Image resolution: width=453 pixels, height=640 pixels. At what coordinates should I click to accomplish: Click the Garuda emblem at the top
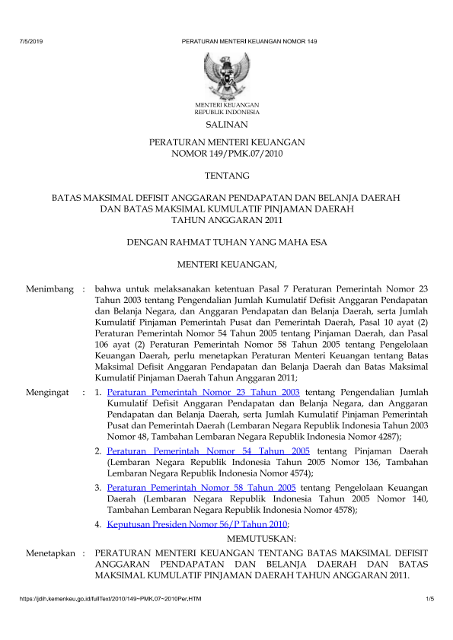click(226, 75)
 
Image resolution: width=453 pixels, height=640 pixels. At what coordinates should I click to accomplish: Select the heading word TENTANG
click(226, 176)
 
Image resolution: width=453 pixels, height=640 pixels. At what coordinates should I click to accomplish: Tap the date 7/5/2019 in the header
click(30, 39)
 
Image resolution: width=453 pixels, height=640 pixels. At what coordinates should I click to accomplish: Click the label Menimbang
click(50, 289)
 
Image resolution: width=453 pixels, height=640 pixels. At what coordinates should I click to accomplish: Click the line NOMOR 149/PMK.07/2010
click(226, 154)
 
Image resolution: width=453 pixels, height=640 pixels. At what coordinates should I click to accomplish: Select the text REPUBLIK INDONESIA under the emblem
click(226, 111)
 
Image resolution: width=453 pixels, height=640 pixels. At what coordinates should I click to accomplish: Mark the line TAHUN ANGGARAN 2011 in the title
click(226, 221)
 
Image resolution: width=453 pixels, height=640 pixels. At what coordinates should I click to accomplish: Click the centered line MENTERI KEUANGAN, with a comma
click(226, 265)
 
